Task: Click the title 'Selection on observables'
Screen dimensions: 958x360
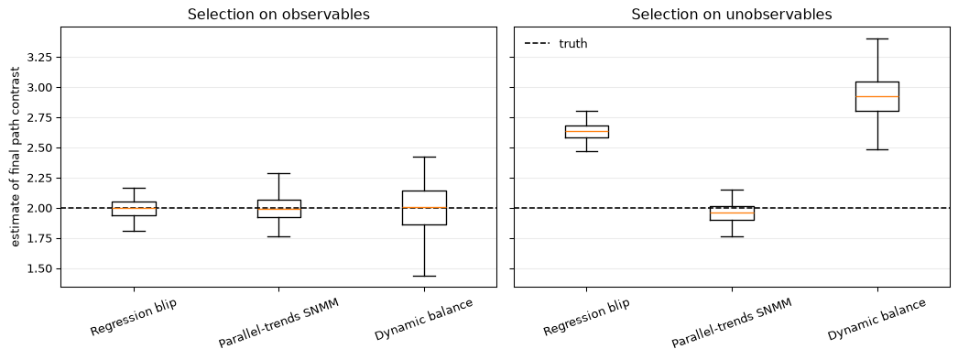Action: (x=278, y=14)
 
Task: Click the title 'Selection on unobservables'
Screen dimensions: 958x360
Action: (x=732, y=14)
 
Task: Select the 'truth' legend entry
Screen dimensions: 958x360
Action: (x=556, y=43)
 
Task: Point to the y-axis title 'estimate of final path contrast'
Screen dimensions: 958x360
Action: (x=16, y=157)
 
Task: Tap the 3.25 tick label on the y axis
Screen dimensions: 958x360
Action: (x=40, y=58)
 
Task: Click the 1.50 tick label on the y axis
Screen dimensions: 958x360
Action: (x=40, y=269)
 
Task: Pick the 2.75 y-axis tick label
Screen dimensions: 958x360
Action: (x=40, y=118)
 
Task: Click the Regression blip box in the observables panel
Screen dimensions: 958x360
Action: (x=134, y=209)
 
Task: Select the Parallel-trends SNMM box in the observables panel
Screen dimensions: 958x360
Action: (x=278, y=209)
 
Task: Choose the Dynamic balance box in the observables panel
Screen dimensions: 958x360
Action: (x=424, y=208)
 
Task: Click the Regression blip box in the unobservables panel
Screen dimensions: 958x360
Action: (x=586, y=132)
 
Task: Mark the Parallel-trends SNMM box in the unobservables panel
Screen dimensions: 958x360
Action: (x=732, y=213)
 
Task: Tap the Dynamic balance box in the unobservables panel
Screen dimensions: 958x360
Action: (x=876, y=96)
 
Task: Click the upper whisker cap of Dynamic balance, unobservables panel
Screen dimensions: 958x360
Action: (x=876, y=39)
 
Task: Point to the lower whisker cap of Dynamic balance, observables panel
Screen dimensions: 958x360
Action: (x=424, y=277)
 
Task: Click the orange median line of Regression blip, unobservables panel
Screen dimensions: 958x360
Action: (x=586, y=131)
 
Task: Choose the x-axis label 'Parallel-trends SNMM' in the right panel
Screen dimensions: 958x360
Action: (x=732, y=323)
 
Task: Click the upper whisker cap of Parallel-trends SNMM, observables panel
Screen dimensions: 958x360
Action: (x=278, y=173)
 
